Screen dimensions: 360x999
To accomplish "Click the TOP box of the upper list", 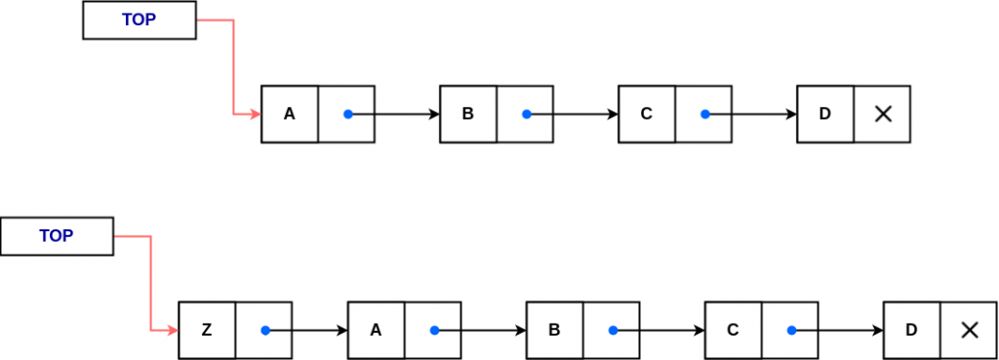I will [x=139, y=20].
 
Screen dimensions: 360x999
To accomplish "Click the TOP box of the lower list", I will [x=57, y=236].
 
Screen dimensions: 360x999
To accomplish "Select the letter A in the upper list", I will [x=289, y=114].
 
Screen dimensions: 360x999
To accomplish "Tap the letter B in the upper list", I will [x=467, y=114].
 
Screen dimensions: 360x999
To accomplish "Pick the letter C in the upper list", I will [x=646, y=114].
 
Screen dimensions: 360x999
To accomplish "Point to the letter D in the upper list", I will [x=824, y=114].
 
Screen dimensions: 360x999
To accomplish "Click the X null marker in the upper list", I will [x=883, y=114].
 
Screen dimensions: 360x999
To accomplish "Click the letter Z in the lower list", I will [x=206, y=330].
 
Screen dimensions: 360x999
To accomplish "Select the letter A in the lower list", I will [x=376, y=330].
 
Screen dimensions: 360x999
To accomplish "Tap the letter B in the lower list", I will [x=554, y=330].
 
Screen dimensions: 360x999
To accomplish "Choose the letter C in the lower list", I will [x=733, y=330].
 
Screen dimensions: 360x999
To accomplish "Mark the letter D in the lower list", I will [x=911, y=330].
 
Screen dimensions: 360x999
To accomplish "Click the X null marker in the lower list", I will [x=969, y=330].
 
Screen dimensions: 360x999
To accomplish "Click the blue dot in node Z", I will [x=265, y=330].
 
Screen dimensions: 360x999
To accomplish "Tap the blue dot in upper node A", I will [x=348, y=114].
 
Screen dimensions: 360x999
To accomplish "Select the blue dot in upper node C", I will [x=705, y=114].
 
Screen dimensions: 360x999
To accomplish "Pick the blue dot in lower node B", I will [x=613, y=330].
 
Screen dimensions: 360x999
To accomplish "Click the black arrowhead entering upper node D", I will [x=791, y=114].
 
